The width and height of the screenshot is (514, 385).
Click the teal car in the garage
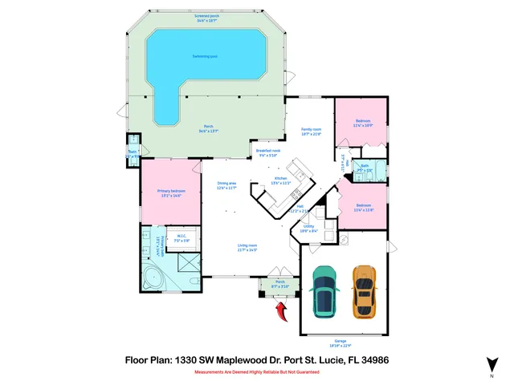(x=324, y=290)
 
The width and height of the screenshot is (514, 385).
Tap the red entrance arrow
(x=281, y=310)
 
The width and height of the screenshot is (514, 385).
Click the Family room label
(x=311, y=131)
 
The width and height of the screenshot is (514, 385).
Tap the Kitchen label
(x=281, y=180)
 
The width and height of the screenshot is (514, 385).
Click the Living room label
(x=247, y=247)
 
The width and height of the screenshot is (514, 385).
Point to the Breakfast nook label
(x=267, y=152)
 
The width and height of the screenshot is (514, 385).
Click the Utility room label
(x=308, y=228)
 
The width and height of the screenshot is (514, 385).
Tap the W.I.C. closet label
(x=182, y=237)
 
